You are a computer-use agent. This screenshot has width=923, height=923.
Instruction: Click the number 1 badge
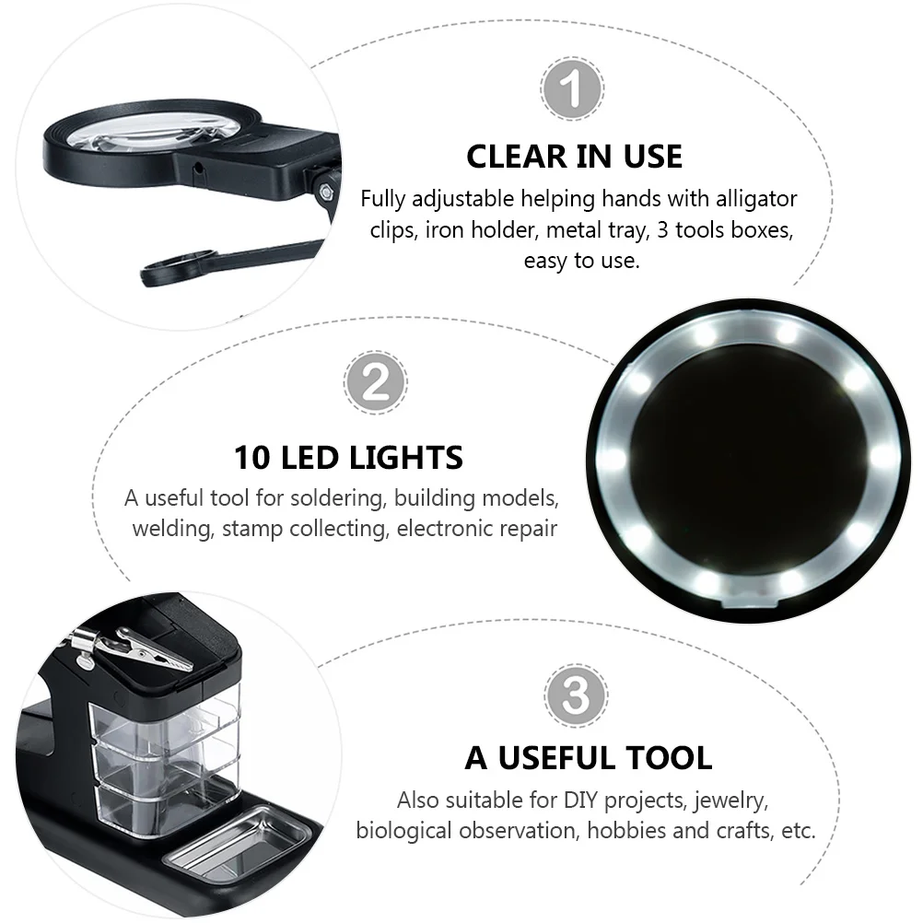pyautogui.click(x=572, y=90)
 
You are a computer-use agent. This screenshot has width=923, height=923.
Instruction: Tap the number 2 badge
pyautogui.click(x=375, y=381)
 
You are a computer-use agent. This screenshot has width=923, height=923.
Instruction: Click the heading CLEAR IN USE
pyautogui.click(x=574, y=157)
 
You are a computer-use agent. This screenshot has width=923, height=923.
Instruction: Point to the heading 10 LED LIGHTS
pyautogui.click(x=348, y=458)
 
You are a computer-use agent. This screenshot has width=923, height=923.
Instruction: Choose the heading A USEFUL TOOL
pyautogui.click(x=589, y=758)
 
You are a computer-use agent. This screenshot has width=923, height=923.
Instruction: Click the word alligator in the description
pyautogui.click(x=753, y=199)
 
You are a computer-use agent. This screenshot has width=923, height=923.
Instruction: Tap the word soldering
pyautogui.click(x=340, y=498)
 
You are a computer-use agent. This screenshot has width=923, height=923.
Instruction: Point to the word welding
pyautogui.click(x=172, y=530)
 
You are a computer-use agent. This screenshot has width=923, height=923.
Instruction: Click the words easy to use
pyautogui.click(x=581, y=261)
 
